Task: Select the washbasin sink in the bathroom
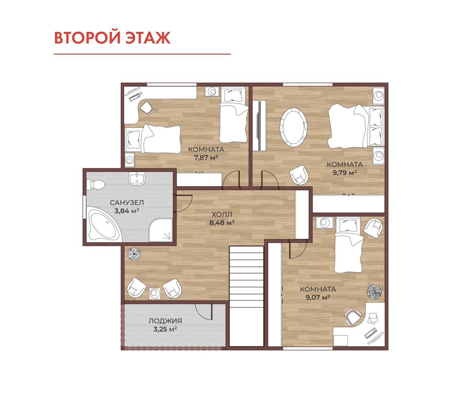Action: click(x=137, y=179)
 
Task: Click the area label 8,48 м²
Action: click(x=222, y=223)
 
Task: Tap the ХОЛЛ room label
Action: click(x=222, y=214)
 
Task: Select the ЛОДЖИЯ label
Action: click(x=165, y=321)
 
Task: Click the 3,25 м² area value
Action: click(x=165, y=329)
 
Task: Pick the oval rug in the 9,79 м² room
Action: click(x=293, y=127)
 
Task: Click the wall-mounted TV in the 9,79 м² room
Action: click(x=259, y=125)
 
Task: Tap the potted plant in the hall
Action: click(x=134, y=254)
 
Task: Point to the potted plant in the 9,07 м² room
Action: click(x=374, y=291)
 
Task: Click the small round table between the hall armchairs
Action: click(x=155, y=293)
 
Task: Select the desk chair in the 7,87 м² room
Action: click(x=147, y=108)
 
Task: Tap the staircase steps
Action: click(x=246, y=276)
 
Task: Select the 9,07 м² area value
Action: click(x=318, y=297)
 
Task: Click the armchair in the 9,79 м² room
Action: click(x=299, y=175)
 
